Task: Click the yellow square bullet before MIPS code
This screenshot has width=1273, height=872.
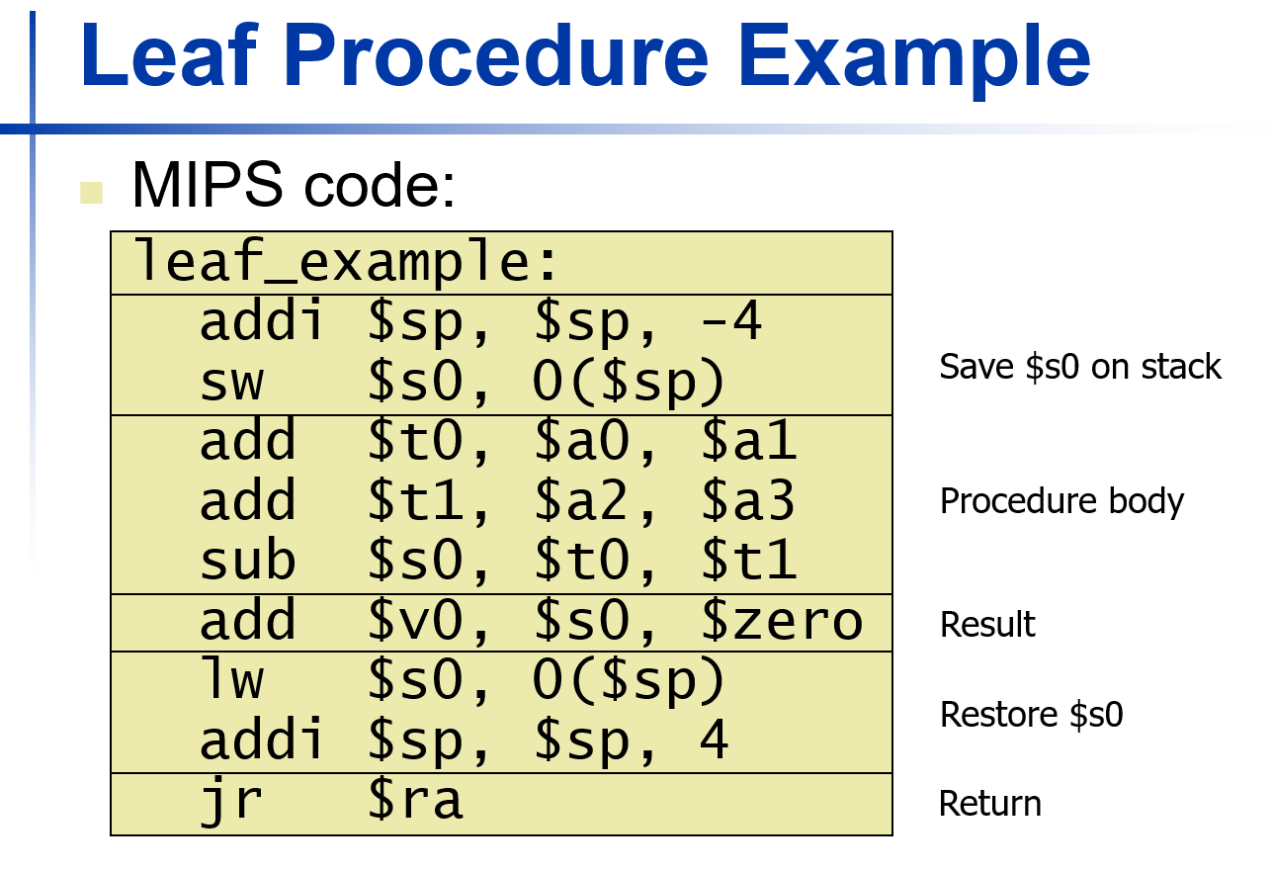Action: [92, 192]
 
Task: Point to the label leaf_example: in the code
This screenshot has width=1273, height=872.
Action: [346, 263]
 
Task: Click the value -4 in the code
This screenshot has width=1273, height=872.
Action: [731, 321]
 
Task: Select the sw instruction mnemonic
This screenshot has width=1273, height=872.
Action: [232, 382]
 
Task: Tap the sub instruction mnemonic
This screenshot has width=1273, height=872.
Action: [247, 561]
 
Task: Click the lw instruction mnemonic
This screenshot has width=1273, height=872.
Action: [232, 679]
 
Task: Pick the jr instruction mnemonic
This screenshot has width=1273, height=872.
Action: [232, 801]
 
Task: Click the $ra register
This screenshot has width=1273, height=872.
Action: [415, 801]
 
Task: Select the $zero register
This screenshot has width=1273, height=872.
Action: [781, 621]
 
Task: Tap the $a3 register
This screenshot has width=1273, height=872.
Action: [748, 501]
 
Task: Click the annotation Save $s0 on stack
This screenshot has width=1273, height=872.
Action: [1080, 367]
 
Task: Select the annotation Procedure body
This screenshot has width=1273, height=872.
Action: [1061, 501]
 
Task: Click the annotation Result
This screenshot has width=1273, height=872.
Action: [987, 625]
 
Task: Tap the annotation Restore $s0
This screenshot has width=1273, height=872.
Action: [1031, 714]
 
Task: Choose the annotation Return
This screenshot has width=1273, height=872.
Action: [989, 804]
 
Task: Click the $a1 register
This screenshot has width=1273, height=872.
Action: [748, 441]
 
